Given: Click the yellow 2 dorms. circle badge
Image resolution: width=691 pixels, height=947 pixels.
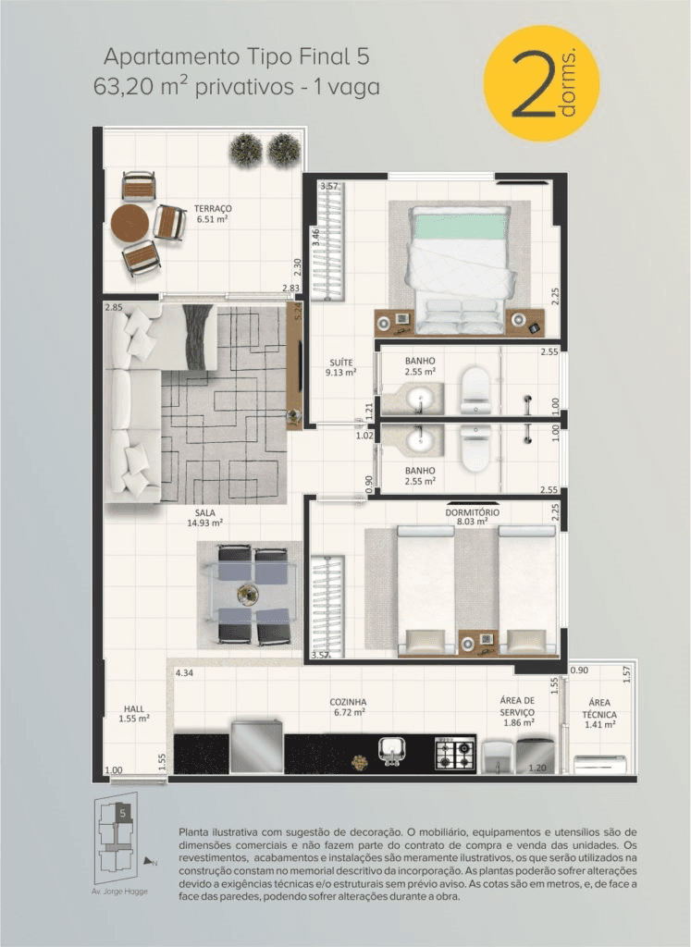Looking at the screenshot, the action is (x=541, y=83).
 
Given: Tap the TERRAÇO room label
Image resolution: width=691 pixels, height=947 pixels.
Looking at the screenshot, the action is (x=213, y=208).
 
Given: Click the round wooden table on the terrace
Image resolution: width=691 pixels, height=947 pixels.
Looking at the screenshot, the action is (x=130, y=223).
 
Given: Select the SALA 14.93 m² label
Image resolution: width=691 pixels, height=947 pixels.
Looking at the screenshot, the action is (x=205, y=518).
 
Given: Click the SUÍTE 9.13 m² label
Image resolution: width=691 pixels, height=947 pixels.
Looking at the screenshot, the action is (x=340, y=367).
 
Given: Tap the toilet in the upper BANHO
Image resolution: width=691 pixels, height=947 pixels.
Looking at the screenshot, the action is (x=475, y=390).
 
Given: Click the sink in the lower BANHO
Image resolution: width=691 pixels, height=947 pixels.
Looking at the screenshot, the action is (x=419, y=440).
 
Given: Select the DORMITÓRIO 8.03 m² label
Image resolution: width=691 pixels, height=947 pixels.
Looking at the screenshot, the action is (x=473, y=516).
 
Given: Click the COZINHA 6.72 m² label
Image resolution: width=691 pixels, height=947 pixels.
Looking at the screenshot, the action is (x=348, y=707).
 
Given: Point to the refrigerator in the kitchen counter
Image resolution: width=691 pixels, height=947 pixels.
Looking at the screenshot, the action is (x=257, y=746).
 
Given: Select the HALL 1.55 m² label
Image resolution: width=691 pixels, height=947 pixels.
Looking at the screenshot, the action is (x=134, y=713).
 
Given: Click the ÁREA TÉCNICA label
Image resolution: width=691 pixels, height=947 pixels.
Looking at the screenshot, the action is (x=599, y=707).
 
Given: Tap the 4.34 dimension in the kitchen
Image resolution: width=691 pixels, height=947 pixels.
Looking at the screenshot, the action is (x=184, y=672).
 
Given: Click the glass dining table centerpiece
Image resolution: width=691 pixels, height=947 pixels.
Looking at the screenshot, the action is (x=248, y=595).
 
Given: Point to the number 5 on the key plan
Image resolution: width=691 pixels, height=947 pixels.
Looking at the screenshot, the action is (x=123, y=813).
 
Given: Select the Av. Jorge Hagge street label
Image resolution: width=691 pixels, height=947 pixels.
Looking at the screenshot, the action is (x=119, y=891).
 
